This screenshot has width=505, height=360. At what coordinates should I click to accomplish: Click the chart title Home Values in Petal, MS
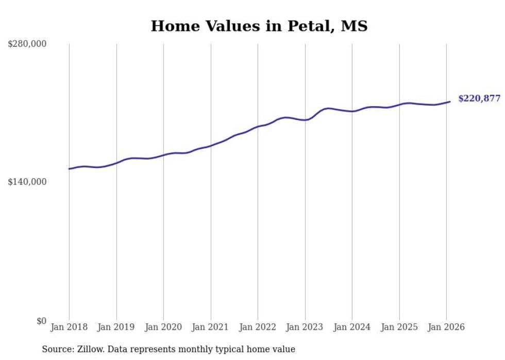point(259,26)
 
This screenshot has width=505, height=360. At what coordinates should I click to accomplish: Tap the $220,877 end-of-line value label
point(479,98)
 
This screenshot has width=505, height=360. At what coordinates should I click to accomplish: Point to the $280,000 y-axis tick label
point(27,44)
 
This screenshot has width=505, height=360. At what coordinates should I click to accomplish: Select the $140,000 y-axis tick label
point(27,182)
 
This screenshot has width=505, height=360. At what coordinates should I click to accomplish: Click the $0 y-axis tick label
point(41,321)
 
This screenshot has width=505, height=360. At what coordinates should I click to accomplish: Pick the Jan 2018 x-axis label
point(69,327)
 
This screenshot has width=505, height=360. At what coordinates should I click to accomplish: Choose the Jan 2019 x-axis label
point(116,327)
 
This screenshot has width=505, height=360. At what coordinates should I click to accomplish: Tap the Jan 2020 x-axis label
point(163,327)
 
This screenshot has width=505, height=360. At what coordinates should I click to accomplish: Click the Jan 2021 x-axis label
point(211,327)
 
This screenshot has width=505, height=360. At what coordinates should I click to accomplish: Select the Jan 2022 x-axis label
point(258,327)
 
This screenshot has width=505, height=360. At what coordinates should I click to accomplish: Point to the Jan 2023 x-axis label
point(305,327)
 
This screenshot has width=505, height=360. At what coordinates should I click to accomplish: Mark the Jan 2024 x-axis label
point(352,327)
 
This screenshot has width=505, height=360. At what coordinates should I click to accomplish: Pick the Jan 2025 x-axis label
point(399,327)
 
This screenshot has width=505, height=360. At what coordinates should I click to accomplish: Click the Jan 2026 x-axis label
point(446,327)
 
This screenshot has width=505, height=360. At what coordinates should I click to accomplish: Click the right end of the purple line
point(450,101)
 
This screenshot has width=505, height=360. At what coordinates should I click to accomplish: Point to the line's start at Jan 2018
point(69,169)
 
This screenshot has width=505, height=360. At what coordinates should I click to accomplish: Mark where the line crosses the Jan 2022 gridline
point(258,127)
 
